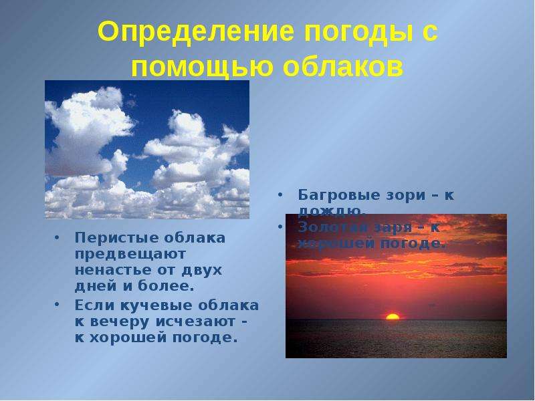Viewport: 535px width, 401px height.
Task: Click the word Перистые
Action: [107, 238]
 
